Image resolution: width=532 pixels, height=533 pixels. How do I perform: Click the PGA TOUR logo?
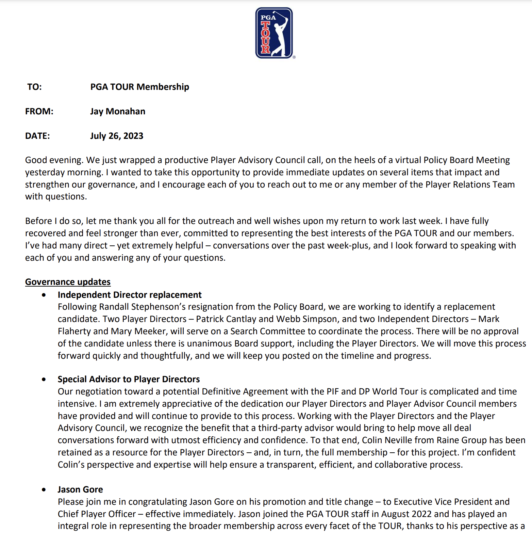[x=274, y=33]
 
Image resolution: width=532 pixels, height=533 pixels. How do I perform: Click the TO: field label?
[x=34, y=87]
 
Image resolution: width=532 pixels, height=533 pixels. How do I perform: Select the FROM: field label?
[x=39, y=112]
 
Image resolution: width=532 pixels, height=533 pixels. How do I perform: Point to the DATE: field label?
[x=37, y=136]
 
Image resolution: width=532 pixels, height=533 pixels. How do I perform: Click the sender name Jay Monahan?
[x=118, y=112]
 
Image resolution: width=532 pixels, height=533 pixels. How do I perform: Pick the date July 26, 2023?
[x=117, y=136]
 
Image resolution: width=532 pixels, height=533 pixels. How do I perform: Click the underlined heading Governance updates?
[x=68, y=282]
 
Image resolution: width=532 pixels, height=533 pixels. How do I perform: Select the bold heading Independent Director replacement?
[x=129, y=295]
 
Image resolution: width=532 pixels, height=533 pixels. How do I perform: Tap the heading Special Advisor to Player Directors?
[x=129, y=379]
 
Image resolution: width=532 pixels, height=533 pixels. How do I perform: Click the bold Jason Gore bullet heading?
[x=80, y=489]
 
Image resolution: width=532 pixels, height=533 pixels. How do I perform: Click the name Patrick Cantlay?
[x=226, y=319]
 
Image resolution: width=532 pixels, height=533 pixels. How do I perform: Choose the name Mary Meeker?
[x=138, y=332]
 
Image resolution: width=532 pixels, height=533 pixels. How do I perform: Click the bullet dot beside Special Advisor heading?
[x=44, y=379]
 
